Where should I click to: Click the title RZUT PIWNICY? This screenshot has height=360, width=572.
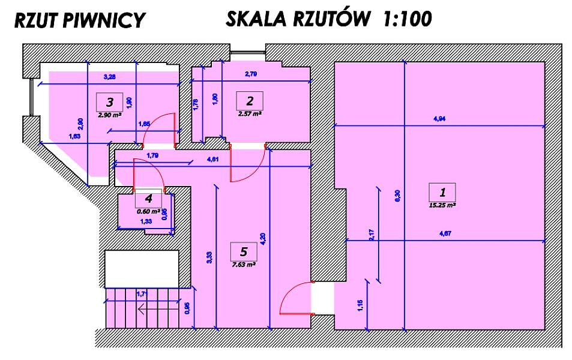79,20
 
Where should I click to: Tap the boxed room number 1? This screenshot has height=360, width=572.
442,193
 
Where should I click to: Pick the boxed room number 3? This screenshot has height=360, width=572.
109,101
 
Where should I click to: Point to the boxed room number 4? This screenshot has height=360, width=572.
148,199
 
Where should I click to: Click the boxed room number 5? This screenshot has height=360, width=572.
243,251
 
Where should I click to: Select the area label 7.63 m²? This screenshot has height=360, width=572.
243,263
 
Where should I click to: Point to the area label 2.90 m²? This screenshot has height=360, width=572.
110,113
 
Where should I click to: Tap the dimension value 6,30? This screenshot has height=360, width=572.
397,195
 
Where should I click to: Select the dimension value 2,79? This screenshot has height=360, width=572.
251,74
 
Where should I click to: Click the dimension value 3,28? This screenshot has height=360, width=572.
110,76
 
